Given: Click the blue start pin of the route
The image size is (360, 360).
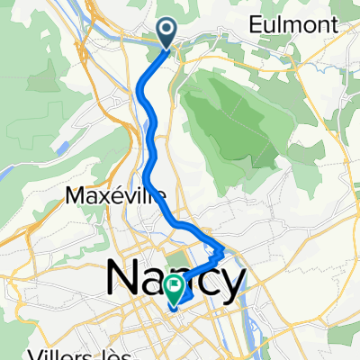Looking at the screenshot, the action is click(168, 33).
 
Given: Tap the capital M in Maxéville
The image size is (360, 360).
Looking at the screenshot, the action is click(76, 195).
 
